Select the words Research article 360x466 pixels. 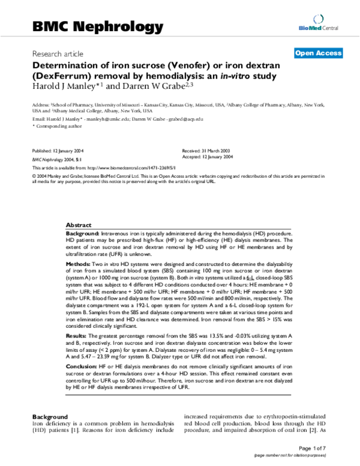tap(58, 54)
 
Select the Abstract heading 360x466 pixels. tap(79, 223)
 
